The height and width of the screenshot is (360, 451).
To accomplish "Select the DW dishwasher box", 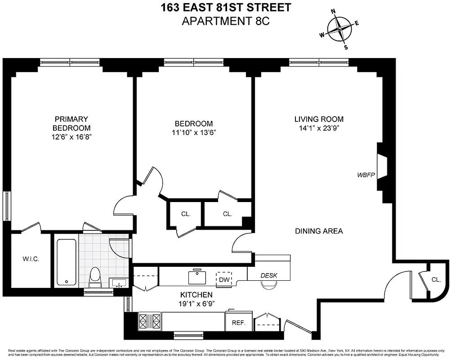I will point(223,279).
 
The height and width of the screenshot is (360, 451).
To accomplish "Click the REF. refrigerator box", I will point(238,323).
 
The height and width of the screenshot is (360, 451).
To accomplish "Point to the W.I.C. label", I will point(31,259).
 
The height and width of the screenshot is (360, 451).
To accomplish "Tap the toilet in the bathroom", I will point(95,277).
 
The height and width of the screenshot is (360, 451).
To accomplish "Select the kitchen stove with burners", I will point(149,321).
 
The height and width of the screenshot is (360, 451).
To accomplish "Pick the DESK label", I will point(269,275).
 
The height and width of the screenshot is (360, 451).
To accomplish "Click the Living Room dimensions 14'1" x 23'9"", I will point(319,128).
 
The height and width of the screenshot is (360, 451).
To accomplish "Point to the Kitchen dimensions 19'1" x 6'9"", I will point(196,304).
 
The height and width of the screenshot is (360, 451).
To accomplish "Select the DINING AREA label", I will point(319,231).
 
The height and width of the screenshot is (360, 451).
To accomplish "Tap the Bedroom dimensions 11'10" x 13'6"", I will point(193,133).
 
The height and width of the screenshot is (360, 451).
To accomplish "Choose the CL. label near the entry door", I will point(436,279).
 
